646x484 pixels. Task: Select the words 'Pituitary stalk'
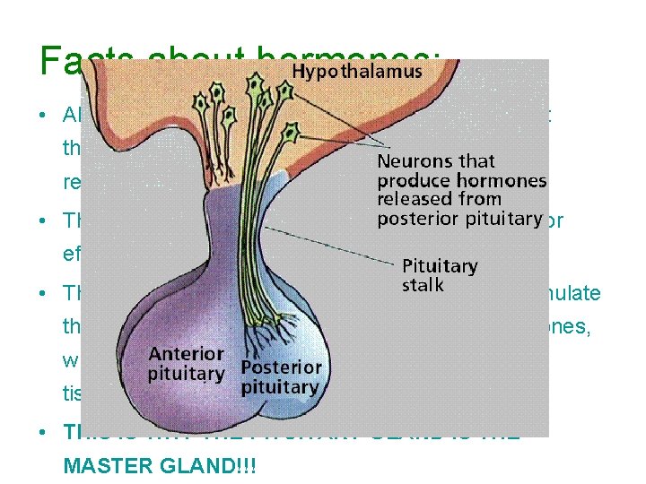(x=440, y=275)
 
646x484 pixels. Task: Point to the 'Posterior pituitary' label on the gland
(x=280, y=376)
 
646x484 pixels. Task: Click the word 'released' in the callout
(x=409, y=200)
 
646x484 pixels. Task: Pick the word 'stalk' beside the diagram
(x=423, y=285)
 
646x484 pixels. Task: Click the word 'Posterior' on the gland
(x=281, y=367)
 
